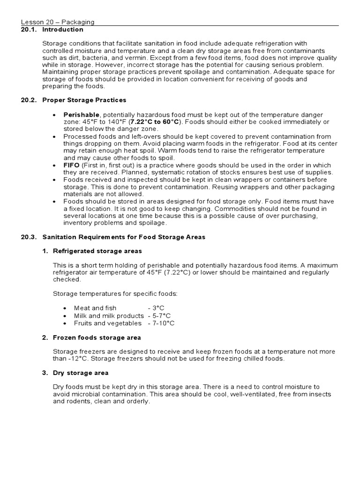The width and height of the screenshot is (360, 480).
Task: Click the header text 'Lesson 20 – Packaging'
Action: click(x=58, y=22)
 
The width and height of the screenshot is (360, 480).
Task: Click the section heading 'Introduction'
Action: click(x=63, y=30)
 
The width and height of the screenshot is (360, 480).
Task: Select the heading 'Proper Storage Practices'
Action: click(x=84, y=100)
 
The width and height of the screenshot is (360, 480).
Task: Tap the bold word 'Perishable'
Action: click(x=82, y=115)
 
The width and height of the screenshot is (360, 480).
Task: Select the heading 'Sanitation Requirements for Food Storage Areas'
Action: click(x=124, y=237)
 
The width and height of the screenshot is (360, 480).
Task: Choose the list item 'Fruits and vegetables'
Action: click(x=107, y=323)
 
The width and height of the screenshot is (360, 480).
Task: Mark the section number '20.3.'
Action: click(x=29, y=237)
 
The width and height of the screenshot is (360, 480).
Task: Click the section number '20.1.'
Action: click(x=29, y=30)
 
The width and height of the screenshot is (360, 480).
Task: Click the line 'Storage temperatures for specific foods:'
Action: click(x=115, y=293)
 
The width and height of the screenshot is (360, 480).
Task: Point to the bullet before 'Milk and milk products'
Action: click(x=65, y=316)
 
